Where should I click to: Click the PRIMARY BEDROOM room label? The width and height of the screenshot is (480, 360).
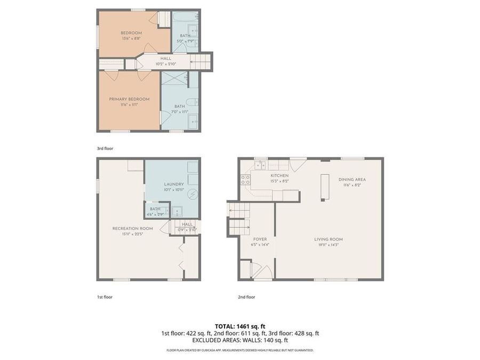129,99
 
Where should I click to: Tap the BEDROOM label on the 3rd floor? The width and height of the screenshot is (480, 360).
131,33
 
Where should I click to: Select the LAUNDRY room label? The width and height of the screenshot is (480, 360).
173,184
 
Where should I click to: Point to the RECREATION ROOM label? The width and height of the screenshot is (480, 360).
129,228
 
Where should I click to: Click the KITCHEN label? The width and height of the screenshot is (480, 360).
279,175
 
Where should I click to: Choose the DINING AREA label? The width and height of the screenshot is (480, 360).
352,179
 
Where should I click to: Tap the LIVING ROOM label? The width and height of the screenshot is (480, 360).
328,239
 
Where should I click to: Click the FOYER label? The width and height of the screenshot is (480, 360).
260,239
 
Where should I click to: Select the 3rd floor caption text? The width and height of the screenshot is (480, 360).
105,148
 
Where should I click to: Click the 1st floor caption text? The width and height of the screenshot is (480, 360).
105,297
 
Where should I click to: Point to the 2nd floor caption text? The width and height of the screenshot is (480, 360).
246,297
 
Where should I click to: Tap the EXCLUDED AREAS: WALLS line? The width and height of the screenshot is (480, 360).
239,340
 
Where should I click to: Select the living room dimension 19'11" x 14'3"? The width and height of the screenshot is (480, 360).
328,245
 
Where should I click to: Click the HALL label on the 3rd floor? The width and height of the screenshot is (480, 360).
165,59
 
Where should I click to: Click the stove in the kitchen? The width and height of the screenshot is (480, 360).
246,180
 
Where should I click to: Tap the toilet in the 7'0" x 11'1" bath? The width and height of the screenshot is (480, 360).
191,102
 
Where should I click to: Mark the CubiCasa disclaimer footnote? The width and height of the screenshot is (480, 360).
239,350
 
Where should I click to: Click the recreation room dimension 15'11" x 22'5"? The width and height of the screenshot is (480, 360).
129,234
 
